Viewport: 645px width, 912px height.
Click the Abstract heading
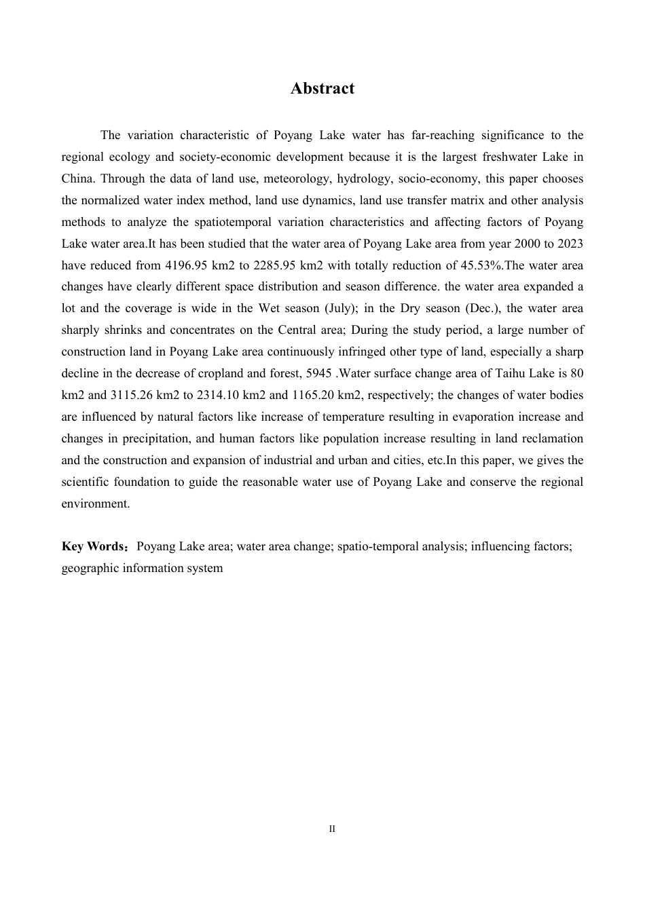pos(322,89)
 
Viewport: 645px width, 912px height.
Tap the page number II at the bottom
pos(332,829)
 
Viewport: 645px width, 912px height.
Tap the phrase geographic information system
pos(142,569)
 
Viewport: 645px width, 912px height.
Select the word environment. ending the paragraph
pos(95,504)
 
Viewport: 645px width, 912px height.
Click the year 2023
pos(570,244)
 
